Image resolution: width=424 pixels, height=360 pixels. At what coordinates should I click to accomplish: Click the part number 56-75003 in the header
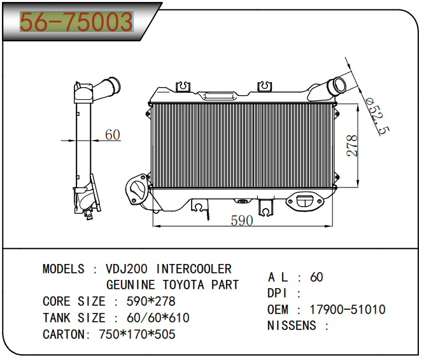pyautogui.click(x=76, y=22)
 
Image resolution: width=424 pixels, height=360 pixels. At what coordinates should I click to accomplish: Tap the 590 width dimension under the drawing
pyautogui.click(x=242, y=220)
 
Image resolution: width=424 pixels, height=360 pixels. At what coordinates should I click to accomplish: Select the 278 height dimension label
pyautogui.click(x=352, y=146)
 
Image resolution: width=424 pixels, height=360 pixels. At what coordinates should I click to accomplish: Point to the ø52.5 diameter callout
pyautogui.click(x=378, y=116)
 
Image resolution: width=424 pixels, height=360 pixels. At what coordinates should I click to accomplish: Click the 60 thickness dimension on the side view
pyautogui.click(x=113, y=134)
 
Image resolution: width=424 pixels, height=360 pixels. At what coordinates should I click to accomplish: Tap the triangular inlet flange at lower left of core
pyautogui.click(x=136, y=189)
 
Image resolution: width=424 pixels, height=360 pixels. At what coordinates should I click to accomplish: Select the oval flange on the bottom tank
pyautogui.click(x=305, y=200)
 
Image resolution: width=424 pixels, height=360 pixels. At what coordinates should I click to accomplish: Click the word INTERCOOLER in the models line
pyautogui.click(x=194, y=269)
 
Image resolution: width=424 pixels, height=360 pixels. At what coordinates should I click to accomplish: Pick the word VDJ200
pyautogui.click(x=127, y=269)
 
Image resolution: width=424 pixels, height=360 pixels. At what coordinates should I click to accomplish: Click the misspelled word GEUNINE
pyautogui.click(x=131, y=285)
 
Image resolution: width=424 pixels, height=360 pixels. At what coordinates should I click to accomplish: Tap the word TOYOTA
pyautogui.click(x=183, y=285)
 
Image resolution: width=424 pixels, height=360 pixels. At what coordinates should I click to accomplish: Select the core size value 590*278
pyautogui.click(x=151, y=301)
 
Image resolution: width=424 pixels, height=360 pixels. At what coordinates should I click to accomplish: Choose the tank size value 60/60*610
pyautogui.click(x=158, y=318)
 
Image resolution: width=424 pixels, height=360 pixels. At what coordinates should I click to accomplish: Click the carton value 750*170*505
pyautogui.click(x=137, y=335)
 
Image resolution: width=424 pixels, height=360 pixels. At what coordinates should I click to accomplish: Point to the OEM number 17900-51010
pyautogui.click(x=348, y=310)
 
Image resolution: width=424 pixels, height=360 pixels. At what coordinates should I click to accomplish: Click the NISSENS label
pyautogui.click(x=292, y=326)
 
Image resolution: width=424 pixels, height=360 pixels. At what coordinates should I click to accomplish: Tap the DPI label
pyautogui.click(x=277, y=293)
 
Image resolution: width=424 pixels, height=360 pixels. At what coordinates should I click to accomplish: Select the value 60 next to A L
pyautogui.click(x=316, y=277)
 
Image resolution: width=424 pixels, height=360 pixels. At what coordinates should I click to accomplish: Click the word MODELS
pyautogui.click(x=64, y=269)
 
